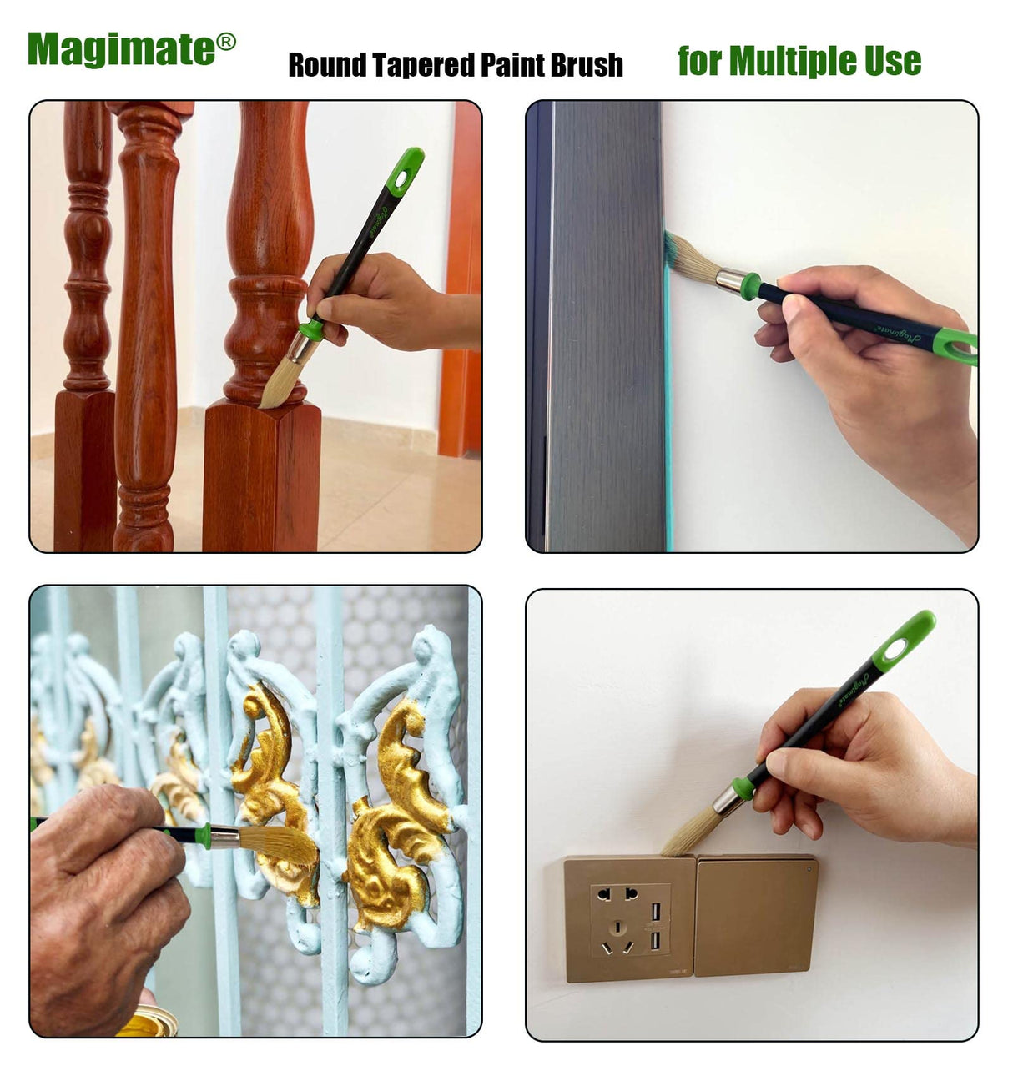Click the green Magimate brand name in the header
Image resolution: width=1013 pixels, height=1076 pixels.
coord(121,49)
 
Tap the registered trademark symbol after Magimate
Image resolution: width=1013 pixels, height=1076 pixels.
coord(226,42)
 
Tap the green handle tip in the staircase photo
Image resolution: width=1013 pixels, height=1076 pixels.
coord(406,171)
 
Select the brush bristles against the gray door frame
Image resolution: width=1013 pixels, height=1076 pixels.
coord(689,258)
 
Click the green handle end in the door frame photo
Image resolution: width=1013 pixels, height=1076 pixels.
coord(956,345)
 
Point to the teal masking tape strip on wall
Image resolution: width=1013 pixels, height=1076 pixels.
coord(668,417)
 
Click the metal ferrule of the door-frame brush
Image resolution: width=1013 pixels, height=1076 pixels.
coord(729,281)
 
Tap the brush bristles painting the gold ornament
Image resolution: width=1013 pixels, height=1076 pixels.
coord(280,844)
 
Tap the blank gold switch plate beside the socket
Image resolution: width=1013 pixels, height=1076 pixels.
coord(755,915)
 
